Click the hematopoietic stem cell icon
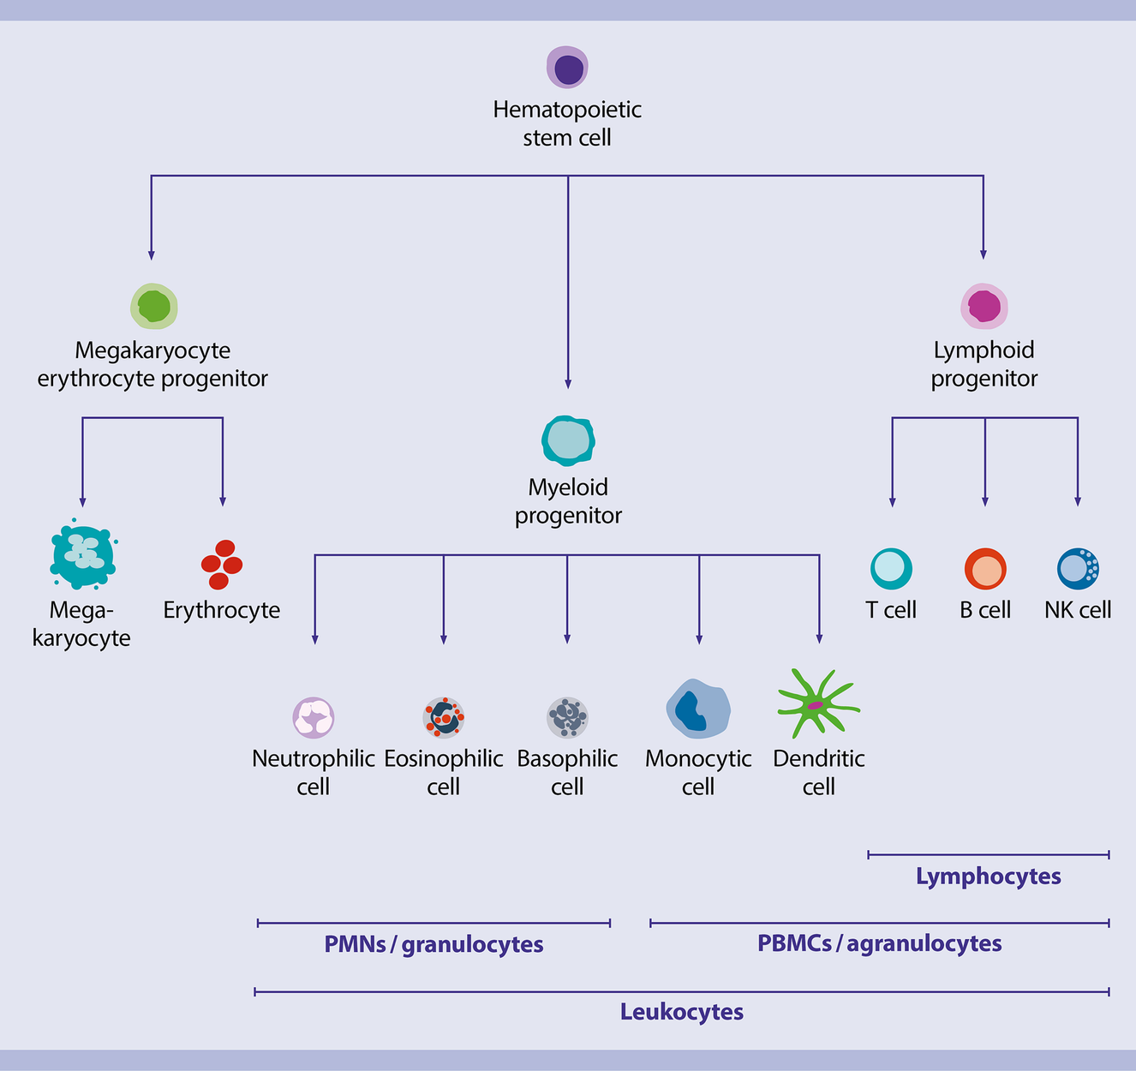point(567,68)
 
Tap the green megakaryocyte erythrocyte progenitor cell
point(154,306)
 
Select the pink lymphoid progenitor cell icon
point(984,306)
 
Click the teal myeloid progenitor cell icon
point(568,440)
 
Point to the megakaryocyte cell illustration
point(82,556)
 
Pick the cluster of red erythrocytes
point(222,565)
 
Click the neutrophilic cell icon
point(314,717)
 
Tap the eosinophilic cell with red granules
point(444,717)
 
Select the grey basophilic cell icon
point(567,717)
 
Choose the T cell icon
point(891,568)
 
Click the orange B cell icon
point(985,569)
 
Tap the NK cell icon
point(1078,568)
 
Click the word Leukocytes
point(682,1012)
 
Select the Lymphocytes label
point(989,877)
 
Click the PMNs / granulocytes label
point(433,944)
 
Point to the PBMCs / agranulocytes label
point(880,943)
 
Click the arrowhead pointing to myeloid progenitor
point(568,385)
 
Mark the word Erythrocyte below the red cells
point(222,610)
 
